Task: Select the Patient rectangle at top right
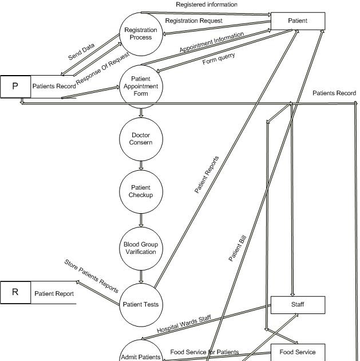[x=298, y=21]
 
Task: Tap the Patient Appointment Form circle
[x=141, y=87]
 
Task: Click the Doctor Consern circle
[x=141, y=139]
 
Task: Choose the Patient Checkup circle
[x=141, y=191]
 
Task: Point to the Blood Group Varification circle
[x=141, y=248]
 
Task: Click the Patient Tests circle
[x=141, y=304]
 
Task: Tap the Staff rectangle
[x=298, y=305]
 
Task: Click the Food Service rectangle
[x=298, y=352]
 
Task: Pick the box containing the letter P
[x=15, y=87]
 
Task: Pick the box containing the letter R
[x=15, y=293]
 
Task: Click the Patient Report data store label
[x=54, y=294]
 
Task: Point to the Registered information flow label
[x=206, y=5]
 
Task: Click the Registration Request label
[x=193, y=21]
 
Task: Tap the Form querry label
[x=219, y=59]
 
